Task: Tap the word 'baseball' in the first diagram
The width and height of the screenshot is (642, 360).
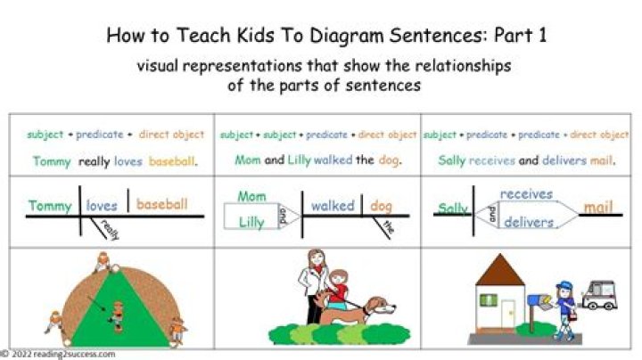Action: [x=162, y=204]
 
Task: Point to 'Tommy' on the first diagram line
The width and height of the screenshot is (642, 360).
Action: [x=50, y=206]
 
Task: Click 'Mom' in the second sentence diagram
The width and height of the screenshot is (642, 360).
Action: [x=252, y=196]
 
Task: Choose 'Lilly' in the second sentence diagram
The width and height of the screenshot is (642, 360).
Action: [x=251, y=223]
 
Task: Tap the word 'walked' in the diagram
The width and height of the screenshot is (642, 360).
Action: [x=333, y=206]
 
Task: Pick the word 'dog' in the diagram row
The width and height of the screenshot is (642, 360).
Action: [x=382, y=206]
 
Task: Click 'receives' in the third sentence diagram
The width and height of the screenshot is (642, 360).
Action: [x=526, y=193]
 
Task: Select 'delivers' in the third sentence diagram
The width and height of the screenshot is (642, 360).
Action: [x=529, y=222]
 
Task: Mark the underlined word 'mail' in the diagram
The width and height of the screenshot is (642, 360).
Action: [x=598, y=208]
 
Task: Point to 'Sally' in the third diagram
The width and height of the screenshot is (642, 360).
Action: [x=453, y=209]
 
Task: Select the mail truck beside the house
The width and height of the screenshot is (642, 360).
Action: [x=598, y=295]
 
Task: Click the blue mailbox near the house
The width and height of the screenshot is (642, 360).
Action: [x=541, y=301]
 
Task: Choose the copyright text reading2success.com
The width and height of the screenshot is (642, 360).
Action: [x=62, y=354]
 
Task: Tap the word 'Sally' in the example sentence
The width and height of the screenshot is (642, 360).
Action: [x=452, y=161]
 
